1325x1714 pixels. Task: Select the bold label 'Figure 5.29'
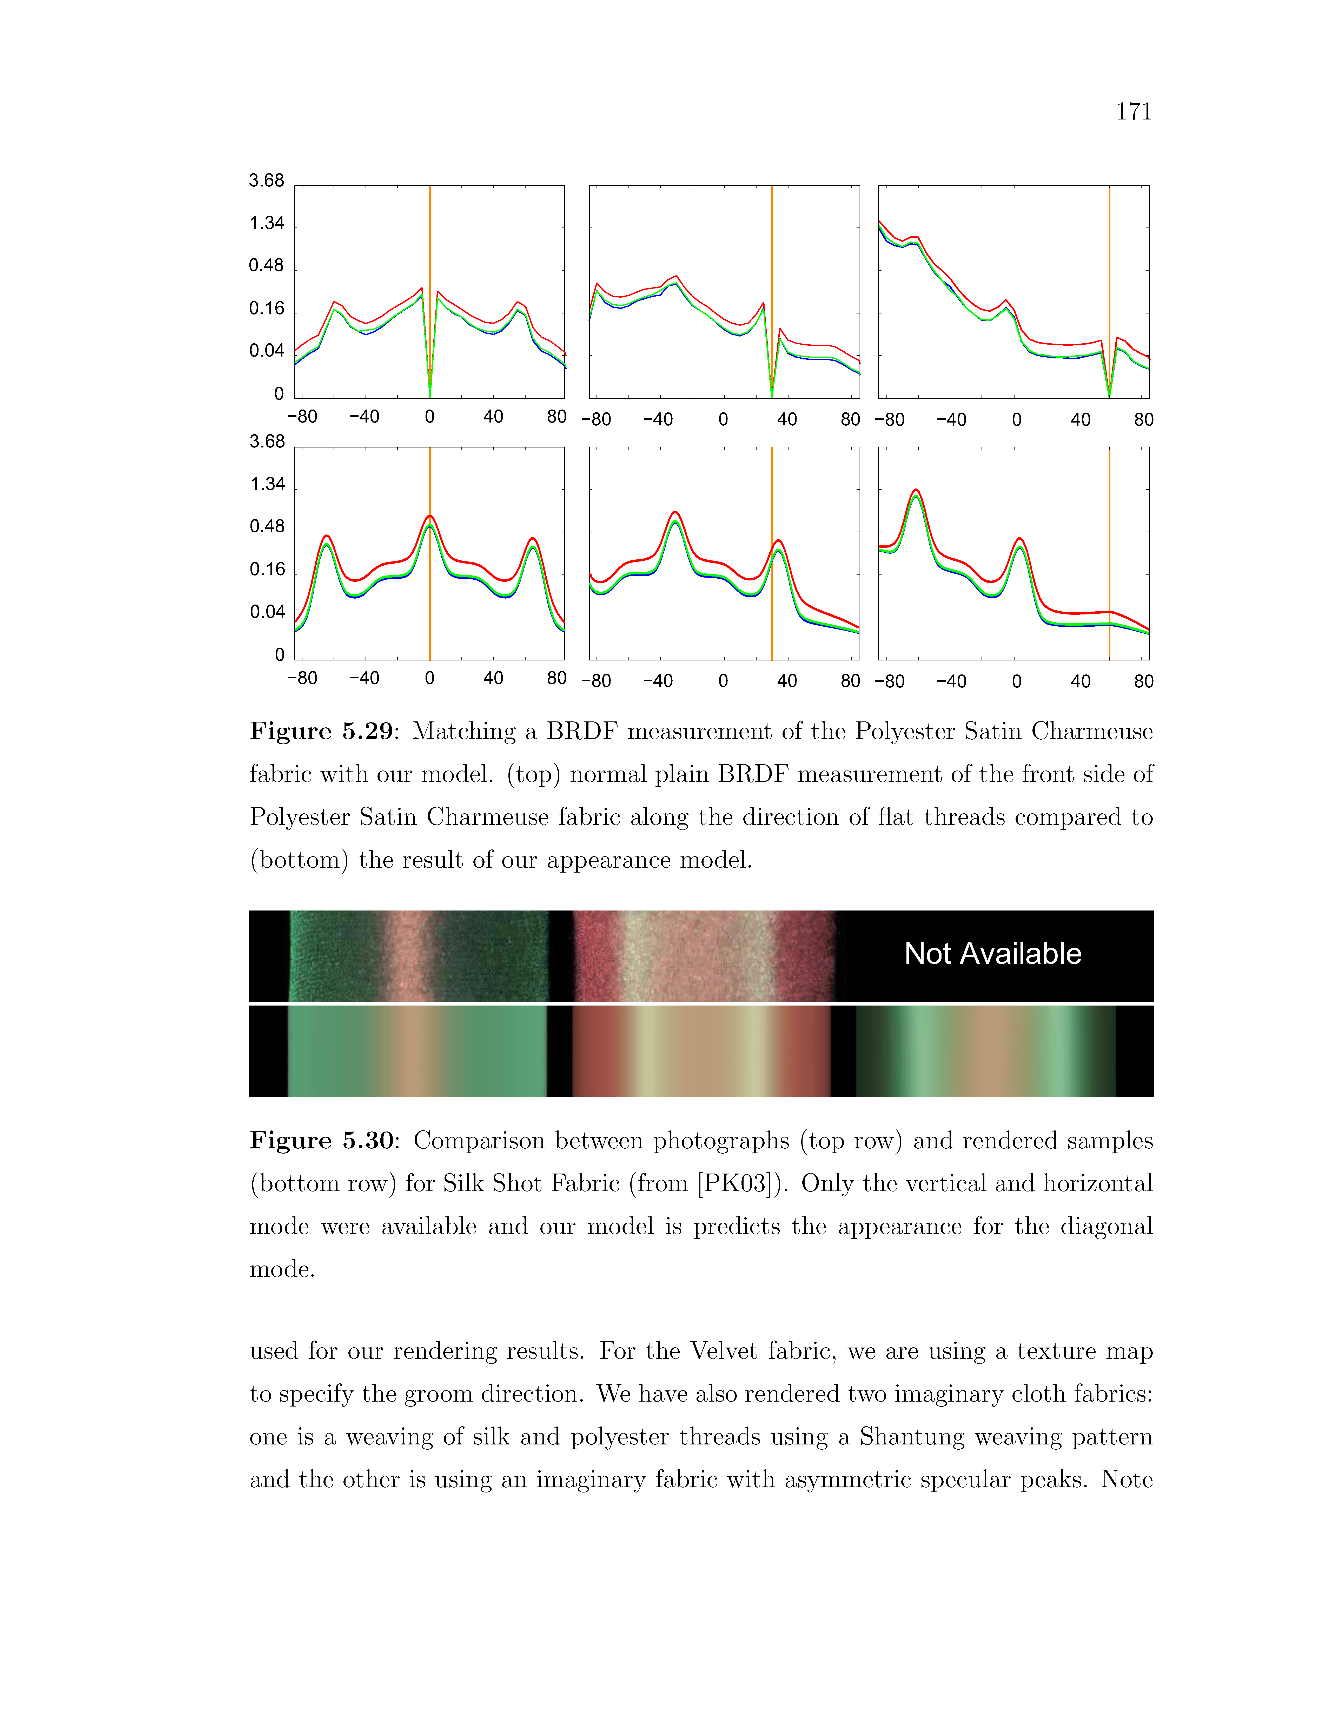(321, 731)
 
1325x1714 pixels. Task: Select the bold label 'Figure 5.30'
(321, 1140)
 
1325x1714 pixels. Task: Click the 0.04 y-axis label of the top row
(267, 351)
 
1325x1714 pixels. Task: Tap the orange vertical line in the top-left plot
(429, 236)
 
